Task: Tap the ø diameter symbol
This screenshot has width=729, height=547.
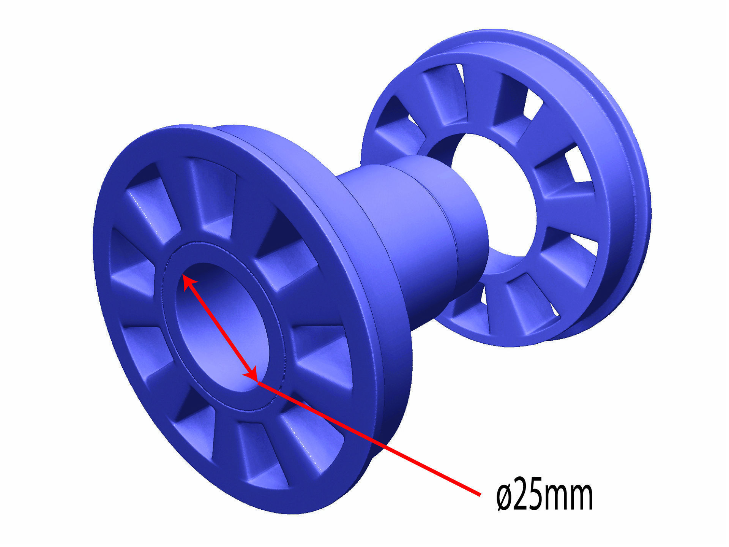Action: [x=505, y=496]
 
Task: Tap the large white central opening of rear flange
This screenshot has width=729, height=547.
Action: [x=494, y=198]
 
